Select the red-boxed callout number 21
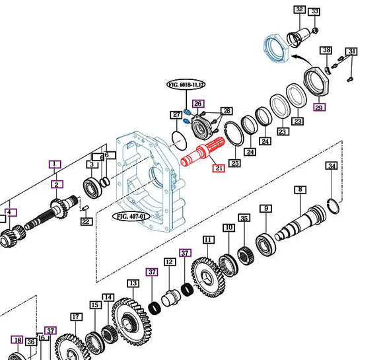click(x=219, y=168)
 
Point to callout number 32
click(x=299, y=9)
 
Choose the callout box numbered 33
click(x=314, y=12)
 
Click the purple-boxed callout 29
click(x=319, y=107)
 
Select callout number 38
click(x=326, y=51)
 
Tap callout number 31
click(x=352, y=52)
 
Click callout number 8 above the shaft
click(x=300, y=190)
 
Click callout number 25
click(x=234, y=162)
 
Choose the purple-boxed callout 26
click(x=198, y=104)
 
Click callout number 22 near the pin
click(x=86, y=221)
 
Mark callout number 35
click(x=244, y=218)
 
